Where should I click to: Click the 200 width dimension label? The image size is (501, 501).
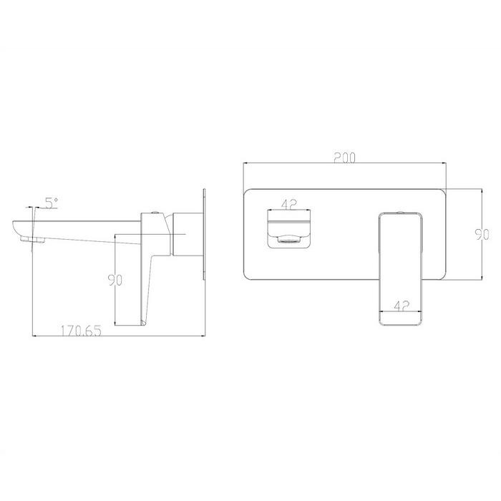click(344, 158)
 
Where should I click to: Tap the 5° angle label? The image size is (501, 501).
click(52, 203)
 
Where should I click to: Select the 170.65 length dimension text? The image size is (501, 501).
click(81, 331)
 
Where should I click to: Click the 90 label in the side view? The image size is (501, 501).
click(115, 281)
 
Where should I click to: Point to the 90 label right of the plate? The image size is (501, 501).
click(482, 235)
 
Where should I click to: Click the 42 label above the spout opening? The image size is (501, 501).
click(289, 205)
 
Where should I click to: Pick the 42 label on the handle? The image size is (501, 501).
click(402, 306)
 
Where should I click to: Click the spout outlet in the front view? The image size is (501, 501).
click(289, 229)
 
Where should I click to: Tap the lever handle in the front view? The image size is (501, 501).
click(401, 269)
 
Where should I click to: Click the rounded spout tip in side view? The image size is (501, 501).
click(16, 227)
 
